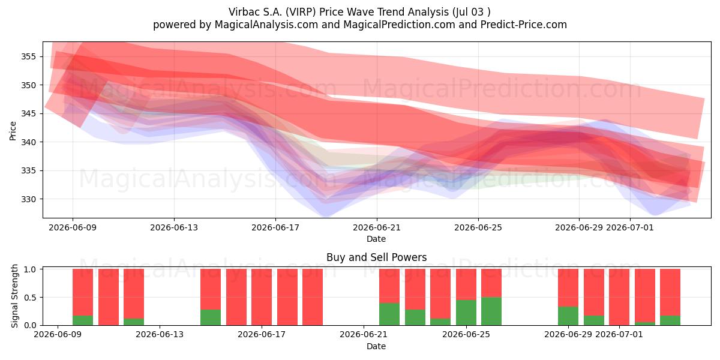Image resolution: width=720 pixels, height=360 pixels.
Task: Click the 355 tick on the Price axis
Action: (28, 56)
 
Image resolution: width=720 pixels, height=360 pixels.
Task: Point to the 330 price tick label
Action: (28, 199)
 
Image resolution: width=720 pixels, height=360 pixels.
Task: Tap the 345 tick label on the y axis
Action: (28, 114)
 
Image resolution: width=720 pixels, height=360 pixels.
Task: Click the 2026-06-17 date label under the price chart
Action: (275, 227)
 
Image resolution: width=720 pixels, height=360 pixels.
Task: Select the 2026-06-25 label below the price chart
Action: (478, 227)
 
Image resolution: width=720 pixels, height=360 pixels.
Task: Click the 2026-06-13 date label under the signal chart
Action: (160, 334)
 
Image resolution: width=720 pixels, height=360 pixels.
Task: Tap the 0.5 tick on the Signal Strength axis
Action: (30, 298)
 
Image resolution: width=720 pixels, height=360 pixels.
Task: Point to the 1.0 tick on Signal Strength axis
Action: (30, 269)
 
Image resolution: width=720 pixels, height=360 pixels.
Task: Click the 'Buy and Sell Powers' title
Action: (376, 257)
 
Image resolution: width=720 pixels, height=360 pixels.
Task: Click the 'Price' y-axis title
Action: (13, 131)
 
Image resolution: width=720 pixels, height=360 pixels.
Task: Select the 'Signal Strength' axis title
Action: (14, 296)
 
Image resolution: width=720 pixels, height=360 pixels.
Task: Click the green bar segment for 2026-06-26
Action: (491, 311)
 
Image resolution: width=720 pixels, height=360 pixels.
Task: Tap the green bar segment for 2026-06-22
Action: (389, 314)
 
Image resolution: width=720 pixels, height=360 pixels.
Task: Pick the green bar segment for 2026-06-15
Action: (211, 317)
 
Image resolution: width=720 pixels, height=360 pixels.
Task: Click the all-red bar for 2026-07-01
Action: (619, 297)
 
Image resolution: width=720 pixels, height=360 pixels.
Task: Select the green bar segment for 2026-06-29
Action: (568, 316)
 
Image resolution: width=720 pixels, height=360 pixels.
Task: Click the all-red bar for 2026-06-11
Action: (109, 297)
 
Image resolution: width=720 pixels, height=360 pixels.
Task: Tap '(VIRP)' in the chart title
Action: (301, 12)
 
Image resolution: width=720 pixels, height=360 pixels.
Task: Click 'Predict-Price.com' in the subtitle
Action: (524, 25)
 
